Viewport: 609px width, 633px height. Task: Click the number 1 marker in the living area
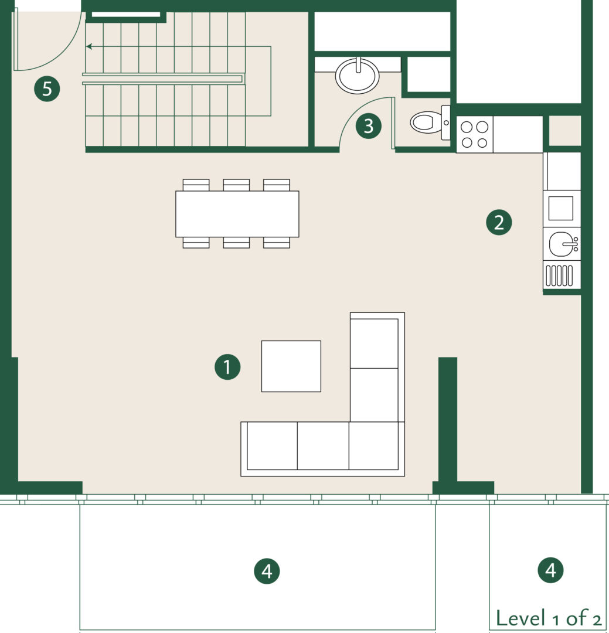(227, 367)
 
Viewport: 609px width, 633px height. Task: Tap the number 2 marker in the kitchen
(499, 222)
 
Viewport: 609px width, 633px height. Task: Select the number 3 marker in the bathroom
(368, 125)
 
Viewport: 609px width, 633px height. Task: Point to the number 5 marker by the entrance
(47, 89)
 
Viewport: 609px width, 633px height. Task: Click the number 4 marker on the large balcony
(267, 571)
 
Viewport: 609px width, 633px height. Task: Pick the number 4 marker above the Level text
(551, 570)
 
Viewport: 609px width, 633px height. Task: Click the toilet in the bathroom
(430, 122)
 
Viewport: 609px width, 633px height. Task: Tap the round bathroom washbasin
(358, 76)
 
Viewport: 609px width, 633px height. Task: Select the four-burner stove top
(475, 134)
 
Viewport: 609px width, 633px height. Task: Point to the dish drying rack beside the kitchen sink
(559, 275)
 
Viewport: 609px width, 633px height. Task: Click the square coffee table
(291, 366)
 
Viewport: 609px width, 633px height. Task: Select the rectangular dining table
(237, 214)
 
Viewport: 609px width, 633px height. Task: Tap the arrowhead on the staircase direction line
(89, 47)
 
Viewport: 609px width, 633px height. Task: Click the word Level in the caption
(520, 618)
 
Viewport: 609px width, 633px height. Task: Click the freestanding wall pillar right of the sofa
(448, 420)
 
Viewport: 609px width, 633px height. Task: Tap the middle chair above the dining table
(236, 185)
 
